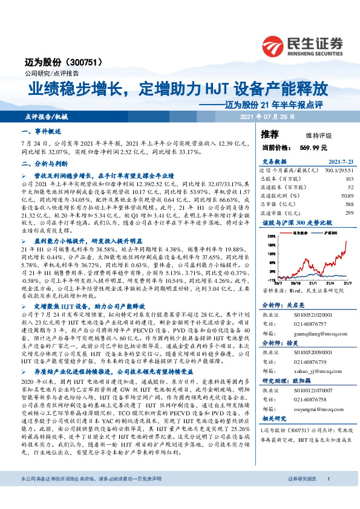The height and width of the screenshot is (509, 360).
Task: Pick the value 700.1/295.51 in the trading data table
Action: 338,171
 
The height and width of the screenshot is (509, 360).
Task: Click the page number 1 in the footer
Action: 328,496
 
